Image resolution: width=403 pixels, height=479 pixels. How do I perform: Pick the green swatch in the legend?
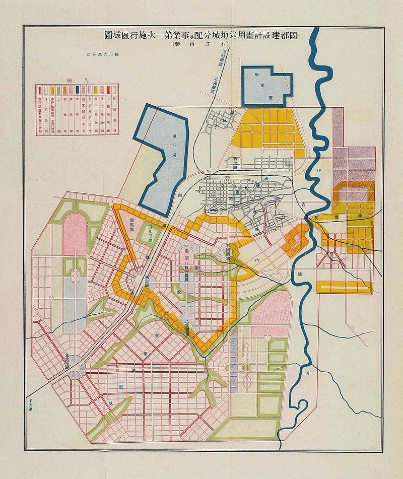[x=59, y=91]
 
